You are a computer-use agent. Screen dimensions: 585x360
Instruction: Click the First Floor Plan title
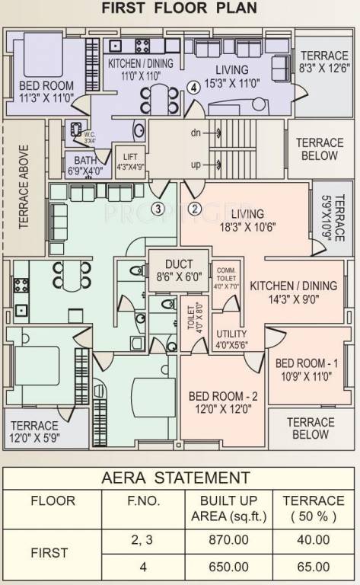180,9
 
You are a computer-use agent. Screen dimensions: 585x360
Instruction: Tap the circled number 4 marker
195,87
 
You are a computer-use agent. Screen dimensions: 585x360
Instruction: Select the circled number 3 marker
158,208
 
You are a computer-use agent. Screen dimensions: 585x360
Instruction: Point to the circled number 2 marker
194,208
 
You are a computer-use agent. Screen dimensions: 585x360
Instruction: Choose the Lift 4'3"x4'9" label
129,162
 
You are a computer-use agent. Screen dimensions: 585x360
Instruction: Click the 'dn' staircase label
196,133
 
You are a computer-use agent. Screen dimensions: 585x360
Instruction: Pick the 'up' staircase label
196,164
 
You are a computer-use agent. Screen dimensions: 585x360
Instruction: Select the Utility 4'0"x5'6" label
231,340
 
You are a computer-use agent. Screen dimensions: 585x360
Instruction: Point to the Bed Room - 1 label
304,368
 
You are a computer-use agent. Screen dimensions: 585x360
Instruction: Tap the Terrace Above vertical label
24,187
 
